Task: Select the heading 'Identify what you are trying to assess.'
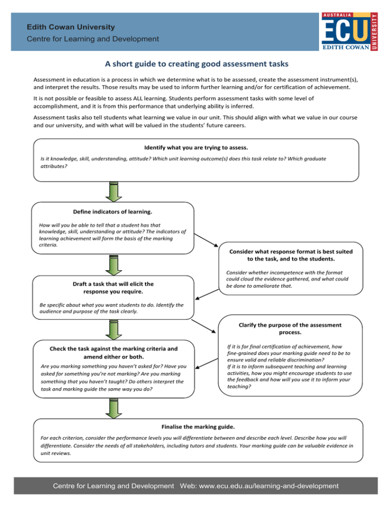coord(196,147)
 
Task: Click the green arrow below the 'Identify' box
coord(113,191)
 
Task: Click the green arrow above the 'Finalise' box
coord(113,408)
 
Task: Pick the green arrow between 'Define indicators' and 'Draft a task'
coord(113,264)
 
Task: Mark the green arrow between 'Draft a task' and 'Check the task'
coord(113,330)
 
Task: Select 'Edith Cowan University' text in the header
coord(71,27)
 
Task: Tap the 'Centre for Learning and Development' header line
coord(93,39)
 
